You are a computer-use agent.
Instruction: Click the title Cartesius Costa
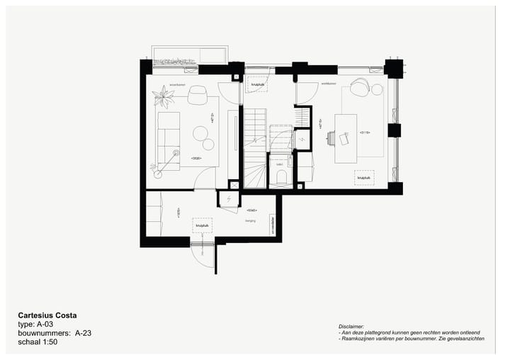47,315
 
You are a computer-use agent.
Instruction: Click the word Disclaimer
352,325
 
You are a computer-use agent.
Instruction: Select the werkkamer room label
327,84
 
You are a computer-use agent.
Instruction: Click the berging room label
250,220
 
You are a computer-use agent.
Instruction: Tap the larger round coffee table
200,132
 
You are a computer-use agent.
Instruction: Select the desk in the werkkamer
346,137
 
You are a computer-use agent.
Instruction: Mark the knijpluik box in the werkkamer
364,179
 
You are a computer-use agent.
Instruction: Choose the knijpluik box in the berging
202,226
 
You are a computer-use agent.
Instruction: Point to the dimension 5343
251,210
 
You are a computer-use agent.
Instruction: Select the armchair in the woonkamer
198,94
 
